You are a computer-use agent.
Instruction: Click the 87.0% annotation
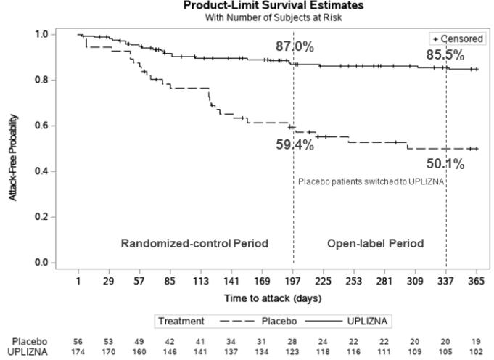coord(295,47)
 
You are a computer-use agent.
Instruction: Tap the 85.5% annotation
coord(445,54)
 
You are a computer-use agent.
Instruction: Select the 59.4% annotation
coord(295,144)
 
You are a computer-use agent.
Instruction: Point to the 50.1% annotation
coord(445,165)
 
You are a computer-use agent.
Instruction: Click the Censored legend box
coord(456,38)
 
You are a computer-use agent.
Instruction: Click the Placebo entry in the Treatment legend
coord(276,321)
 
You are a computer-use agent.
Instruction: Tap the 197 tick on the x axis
coord(293,281)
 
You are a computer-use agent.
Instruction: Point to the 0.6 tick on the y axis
coord(42,126)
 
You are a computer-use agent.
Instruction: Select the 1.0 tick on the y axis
coord(42,34)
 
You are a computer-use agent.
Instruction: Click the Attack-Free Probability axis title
coord(15,149)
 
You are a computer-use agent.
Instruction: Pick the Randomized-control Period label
coord(194,244)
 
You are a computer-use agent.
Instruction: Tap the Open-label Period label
coord(375,244)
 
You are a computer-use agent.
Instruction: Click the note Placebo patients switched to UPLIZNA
coord(371,181)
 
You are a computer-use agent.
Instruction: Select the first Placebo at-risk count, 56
coord(78,340)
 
